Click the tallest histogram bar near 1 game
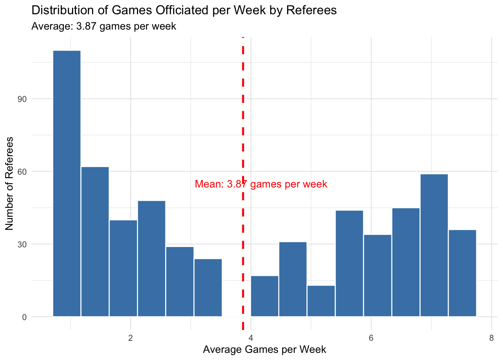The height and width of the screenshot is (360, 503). (x=67, y=184)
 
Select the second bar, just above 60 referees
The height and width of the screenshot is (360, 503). (x=95, y=242)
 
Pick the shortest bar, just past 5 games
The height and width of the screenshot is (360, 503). (x=321, y=301)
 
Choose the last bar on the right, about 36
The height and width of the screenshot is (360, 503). (x=462, y=273)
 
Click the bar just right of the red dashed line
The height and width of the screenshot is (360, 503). (x=265, y=296)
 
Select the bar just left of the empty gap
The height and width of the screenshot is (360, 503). (x=208, y=288)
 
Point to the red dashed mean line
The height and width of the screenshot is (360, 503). (x=243, y=107)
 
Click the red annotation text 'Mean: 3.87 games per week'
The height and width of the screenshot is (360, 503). (x=261, y=184)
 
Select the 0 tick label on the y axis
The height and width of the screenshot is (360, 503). (x=24, y=317)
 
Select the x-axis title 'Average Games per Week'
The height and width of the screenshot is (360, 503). (x=264, y=349)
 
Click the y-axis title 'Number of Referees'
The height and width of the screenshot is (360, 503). (x=10, y=184)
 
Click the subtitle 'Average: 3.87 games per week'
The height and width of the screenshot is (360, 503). (x=104, y=26)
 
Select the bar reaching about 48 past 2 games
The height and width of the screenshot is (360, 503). (x=152, y=258)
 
